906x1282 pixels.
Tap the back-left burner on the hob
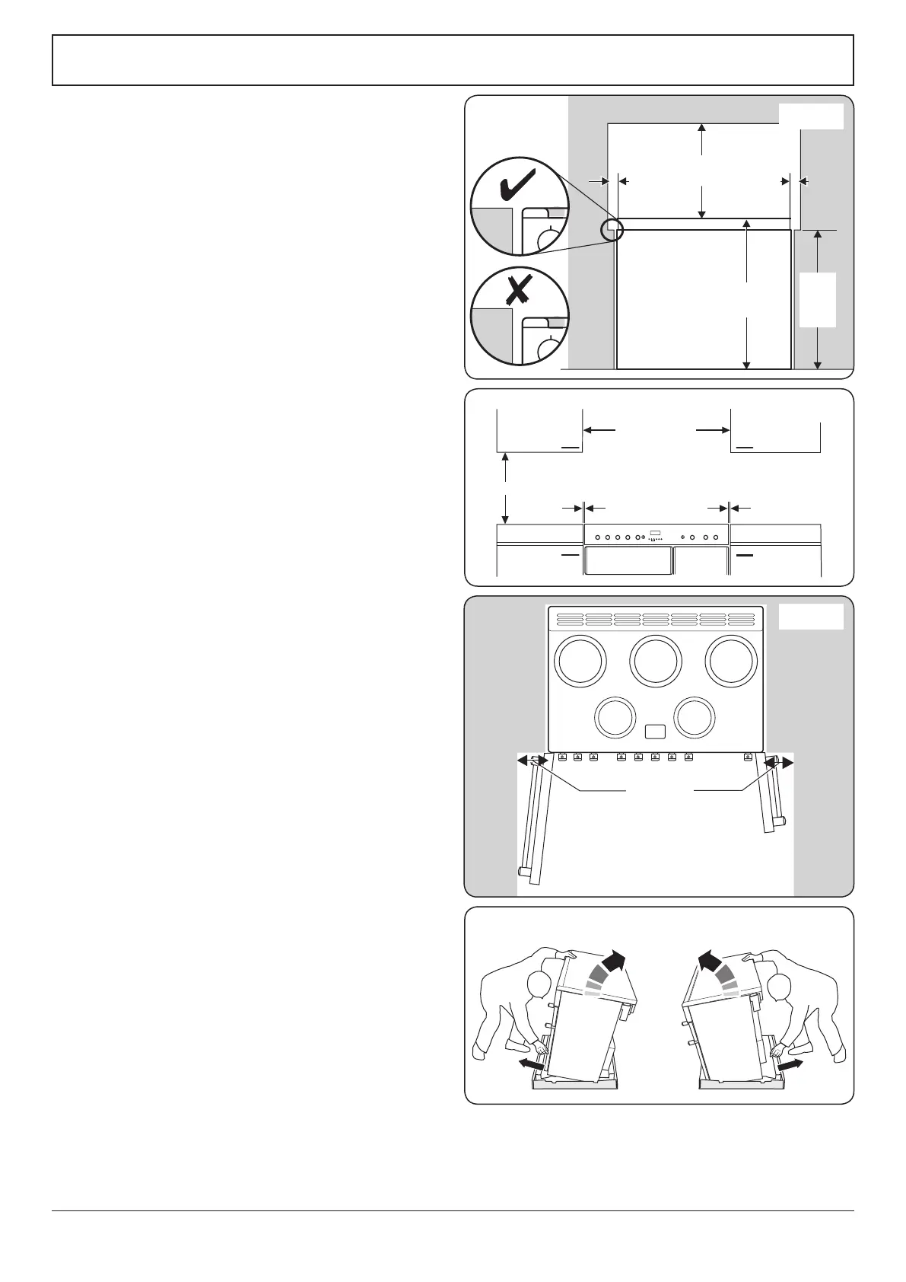[580, 660]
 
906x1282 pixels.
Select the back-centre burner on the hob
[656, 660]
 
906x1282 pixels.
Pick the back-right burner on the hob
[731, 660]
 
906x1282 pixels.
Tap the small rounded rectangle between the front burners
[655, 732]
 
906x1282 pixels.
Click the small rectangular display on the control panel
[656, 532]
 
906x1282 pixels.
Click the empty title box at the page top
[453, 60]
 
